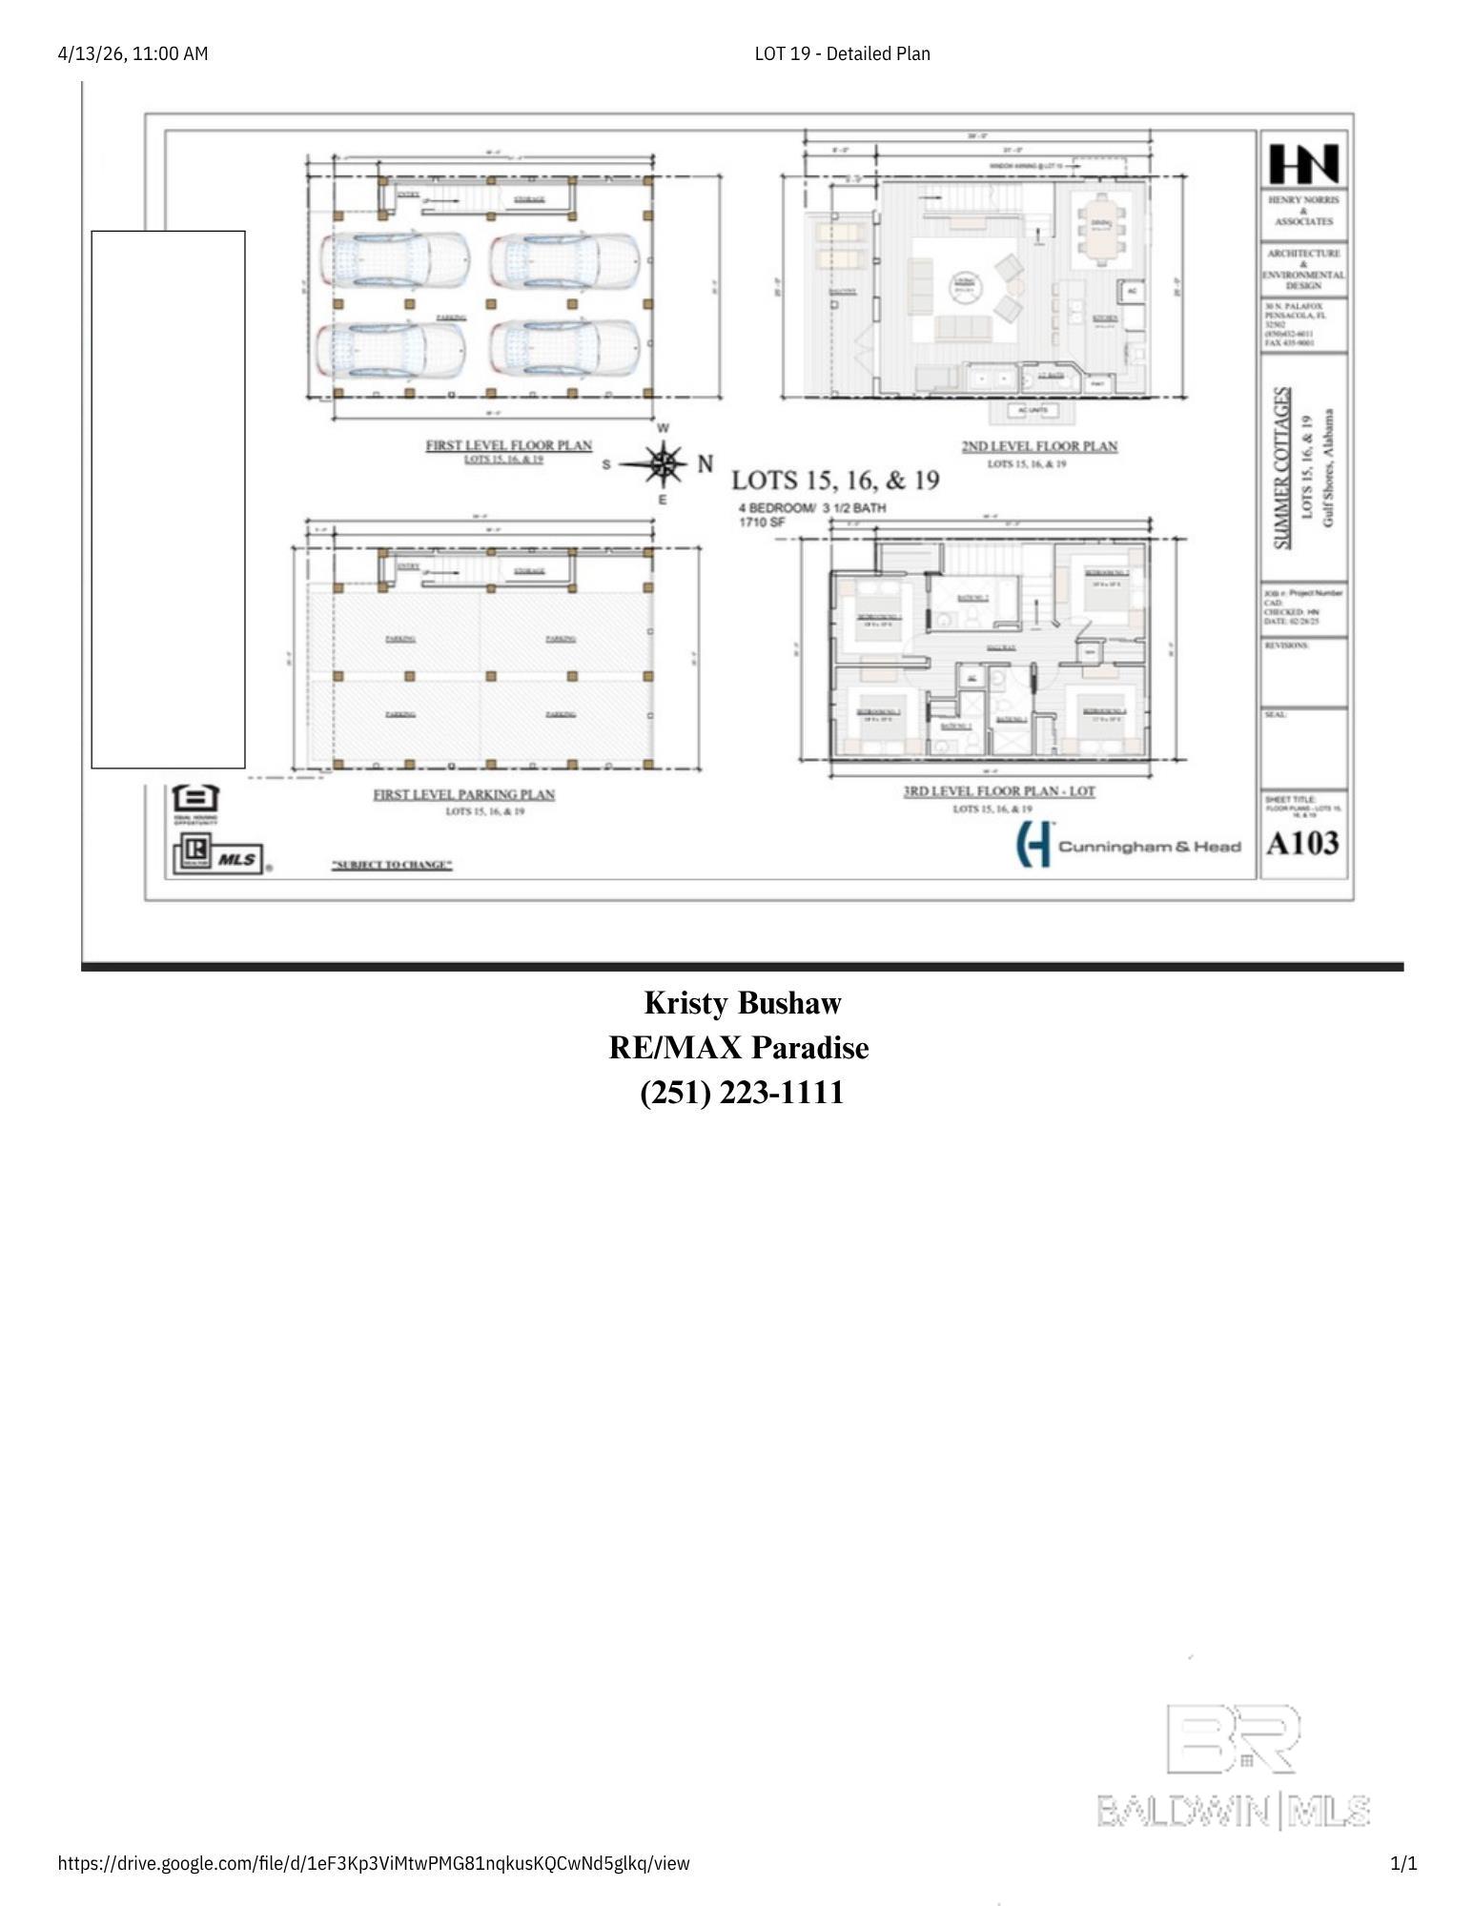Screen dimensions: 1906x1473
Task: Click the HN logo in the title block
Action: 1303,164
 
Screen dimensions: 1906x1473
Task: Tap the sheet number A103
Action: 1302,843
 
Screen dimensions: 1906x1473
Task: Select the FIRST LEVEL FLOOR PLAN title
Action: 508,445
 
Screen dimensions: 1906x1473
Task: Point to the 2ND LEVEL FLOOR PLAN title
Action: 1038,446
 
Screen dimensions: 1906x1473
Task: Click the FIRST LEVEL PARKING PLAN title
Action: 463,794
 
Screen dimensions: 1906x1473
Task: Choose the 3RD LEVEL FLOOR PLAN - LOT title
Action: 999,791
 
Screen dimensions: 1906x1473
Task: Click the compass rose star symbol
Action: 665,464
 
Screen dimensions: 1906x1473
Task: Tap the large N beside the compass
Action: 706,464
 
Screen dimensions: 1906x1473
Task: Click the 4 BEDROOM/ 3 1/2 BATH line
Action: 811,508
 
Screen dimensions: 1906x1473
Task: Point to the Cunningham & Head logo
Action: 1128,845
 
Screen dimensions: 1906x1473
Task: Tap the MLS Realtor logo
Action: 218,855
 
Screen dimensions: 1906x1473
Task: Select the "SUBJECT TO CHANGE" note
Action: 392,865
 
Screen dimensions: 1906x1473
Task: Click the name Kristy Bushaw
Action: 742,1003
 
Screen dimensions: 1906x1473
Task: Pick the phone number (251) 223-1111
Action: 742,1093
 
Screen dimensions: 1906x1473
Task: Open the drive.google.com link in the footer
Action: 373,1863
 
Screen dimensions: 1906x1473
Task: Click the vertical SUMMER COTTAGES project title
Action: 1283,467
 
